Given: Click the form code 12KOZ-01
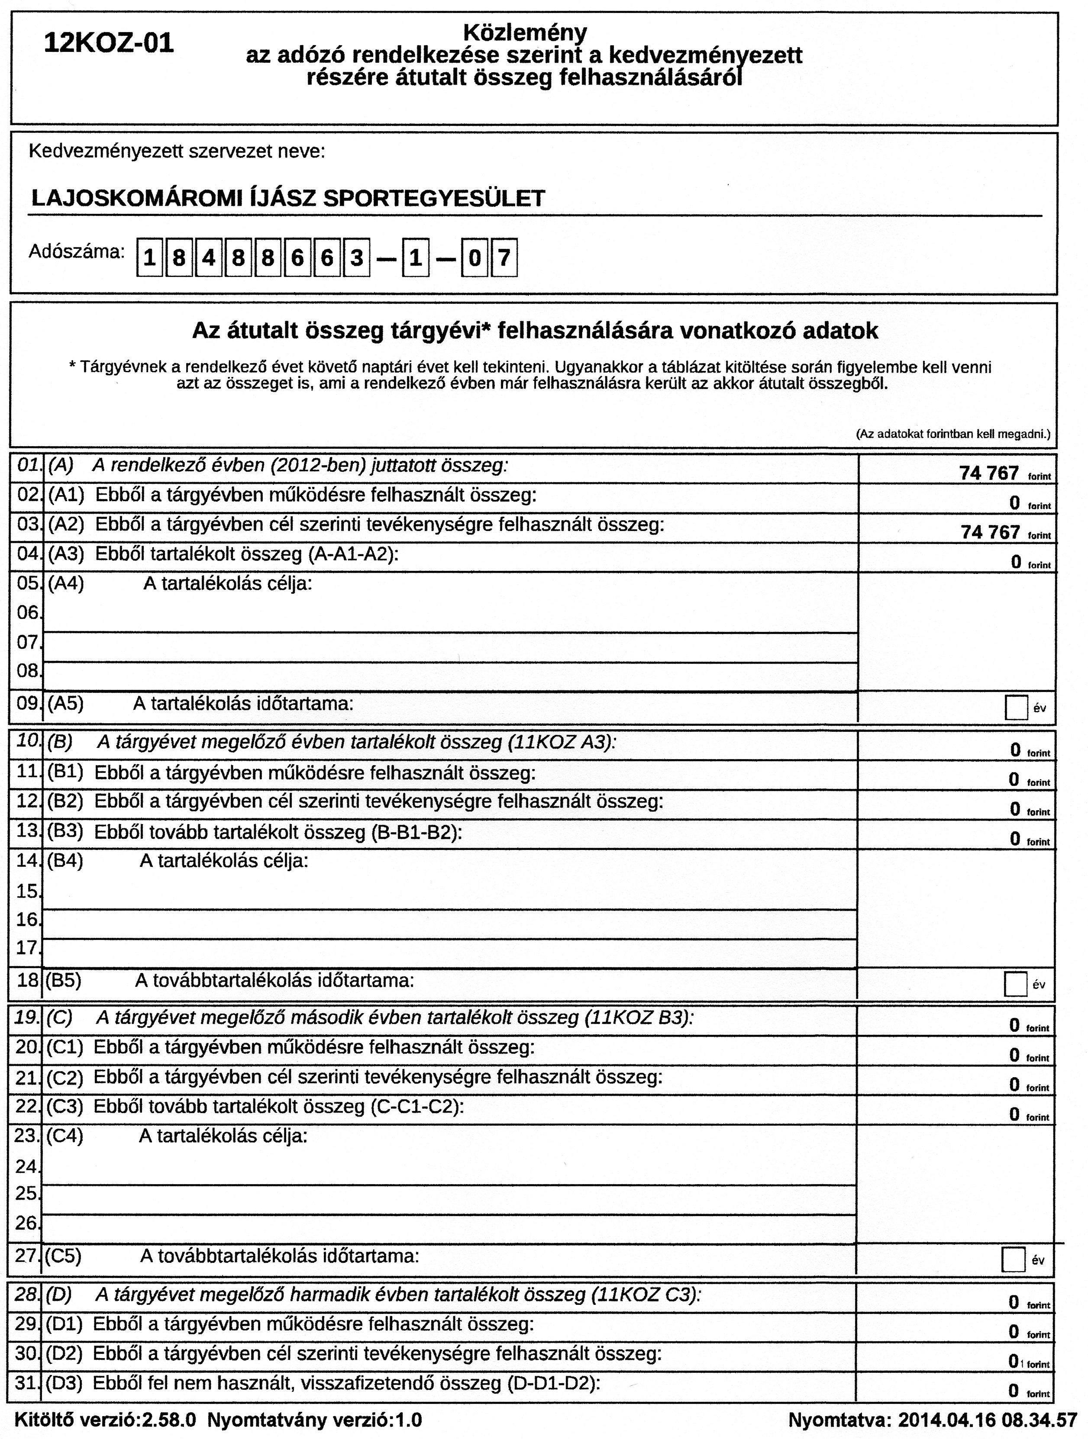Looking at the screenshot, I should (x=109, y=44).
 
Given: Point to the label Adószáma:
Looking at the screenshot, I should (x=76, y=252).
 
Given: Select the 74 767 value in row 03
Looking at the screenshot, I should (x=990, y=532).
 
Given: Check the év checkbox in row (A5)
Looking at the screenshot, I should (x=1016, y=707).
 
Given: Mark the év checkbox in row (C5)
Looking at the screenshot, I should (x=1013, y=1259).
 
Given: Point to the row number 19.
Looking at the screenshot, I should (x=27, y=1017).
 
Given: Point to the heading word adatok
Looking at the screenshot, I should (x=840, y=331).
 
